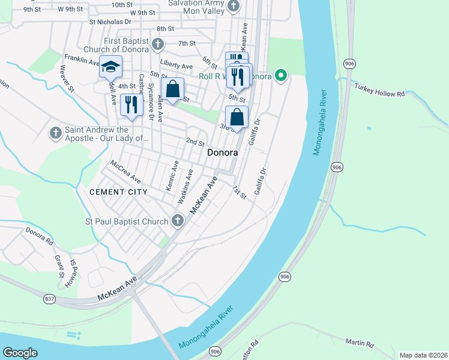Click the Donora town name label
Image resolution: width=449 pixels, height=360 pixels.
pos(222,153)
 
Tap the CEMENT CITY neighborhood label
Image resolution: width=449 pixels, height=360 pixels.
pos(118,192)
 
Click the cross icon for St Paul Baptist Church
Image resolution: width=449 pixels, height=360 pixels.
pos(177,221)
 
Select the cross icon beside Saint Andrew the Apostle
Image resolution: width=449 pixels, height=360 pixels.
pos(55,133)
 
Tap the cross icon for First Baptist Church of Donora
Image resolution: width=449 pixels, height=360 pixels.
pos(157,44)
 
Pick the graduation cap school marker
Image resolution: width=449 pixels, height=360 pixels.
pos(110,67)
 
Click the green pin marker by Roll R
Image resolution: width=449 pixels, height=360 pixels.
pos(280,76)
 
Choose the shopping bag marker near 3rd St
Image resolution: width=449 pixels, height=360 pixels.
pos(237,117)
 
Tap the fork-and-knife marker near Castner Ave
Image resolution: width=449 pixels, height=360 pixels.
pos(131,105)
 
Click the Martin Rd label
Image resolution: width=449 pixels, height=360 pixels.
pos(360,344)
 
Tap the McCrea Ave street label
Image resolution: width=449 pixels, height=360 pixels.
pos(125,172)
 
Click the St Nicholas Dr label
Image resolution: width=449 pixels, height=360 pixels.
pos(110,22)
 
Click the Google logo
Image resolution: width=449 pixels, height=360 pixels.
pos(20,353)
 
